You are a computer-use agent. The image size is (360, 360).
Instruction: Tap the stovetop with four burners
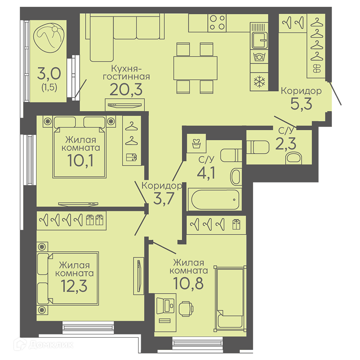point(217,23)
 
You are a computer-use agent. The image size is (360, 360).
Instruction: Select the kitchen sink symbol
point(260,40)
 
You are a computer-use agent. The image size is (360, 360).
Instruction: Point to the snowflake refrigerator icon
point(259,82)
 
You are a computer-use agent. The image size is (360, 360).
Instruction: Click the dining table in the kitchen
point(195,68)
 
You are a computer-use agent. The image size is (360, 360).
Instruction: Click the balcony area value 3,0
point(49,73)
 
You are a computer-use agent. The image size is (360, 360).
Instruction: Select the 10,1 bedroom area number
point(80,160)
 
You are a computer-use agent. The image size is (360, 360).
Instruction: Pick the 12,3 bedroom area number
point(74,285)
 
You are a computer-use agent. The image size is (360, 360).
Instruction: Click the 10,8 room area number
point(188,283)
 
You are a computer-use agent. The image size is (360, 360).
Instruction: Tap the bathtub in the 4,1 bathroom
point(215,199)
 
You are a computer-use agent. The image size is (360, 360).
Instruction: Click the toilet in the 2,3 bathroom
point(258,147)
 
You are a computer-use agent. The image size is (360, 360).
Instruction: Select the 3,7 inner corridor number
point(164,198)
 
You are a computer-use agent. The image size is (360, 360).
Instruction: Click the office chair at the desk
point(186,309)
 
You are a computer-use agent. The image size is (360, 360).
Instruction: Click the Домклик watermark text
point(51,345)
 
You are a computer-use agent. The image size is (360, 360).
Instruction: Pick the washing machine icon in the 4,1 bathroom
point(196,143)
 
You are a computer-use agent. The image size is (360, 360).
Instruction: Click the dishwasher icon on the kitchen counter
point(259,57)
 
